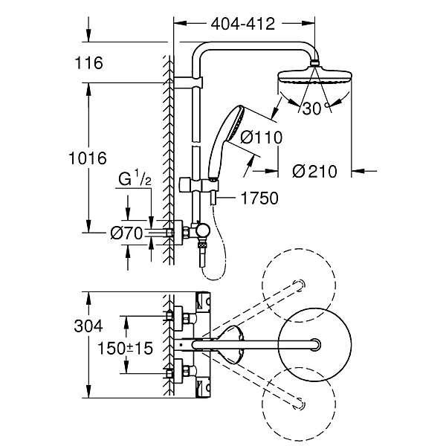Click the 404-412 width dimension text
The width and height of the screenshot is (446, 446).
pos(242,24)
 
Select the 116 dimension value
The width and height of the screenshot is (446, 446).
pos(88,63)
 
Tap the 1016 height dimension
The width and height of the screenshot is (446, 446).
pos(88,158)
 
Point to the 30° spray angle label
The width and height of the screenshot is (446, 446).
pos(315,108)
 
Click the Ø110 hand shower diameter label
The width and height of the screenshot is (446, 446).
pos(262,137)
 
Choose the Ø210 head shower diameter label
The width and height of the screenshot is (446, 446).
pos(314,171)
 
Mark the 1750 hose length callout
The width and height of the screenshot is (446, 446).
pos(259,198)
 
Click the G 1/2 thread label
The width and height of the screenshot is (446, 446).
pos(135,179)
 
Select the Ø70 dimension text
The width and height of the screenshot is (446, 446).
pos(126,234)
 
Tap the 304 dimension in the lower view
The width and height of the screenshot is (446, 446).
pos(88,326)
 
